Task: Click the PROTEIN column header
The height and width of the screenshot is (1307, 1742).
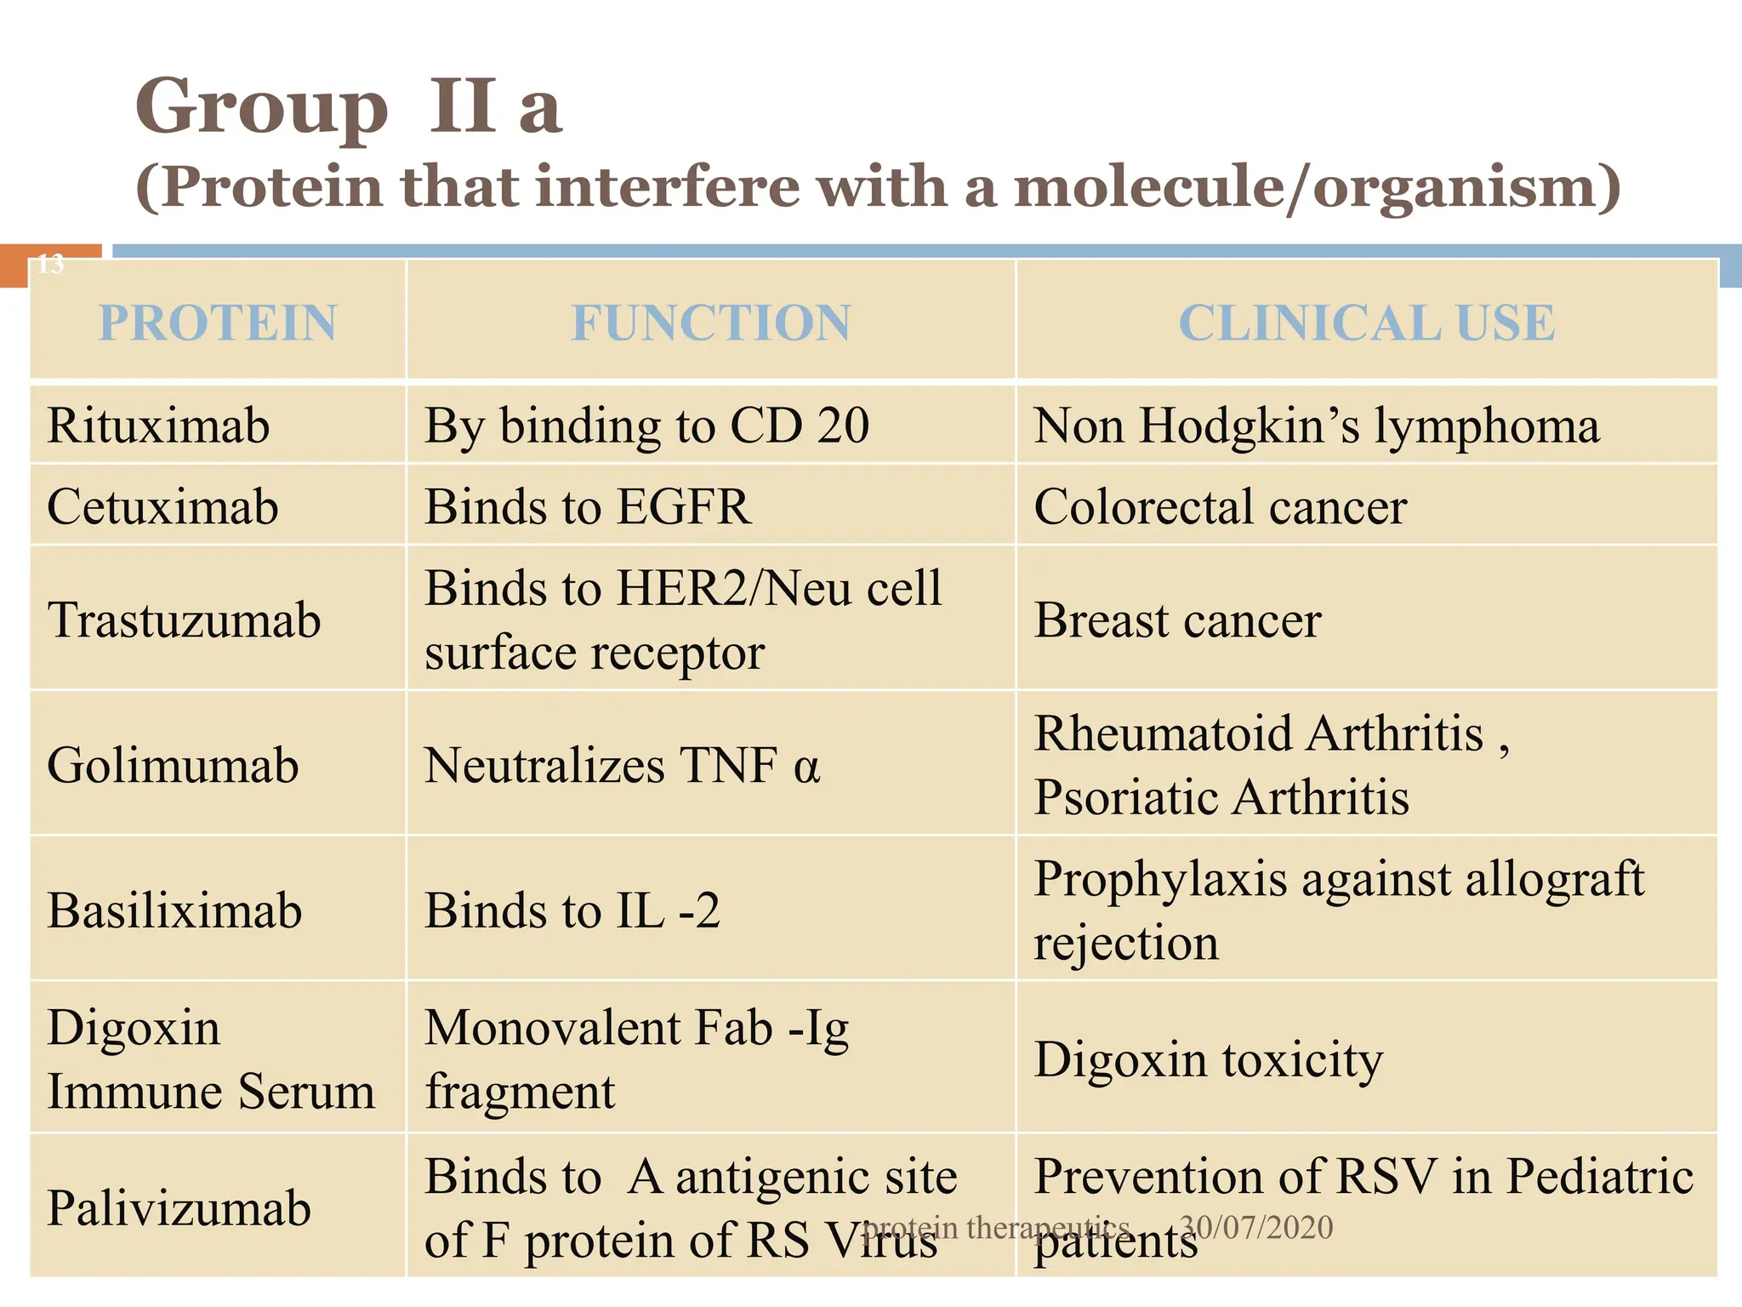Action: click(218, 323)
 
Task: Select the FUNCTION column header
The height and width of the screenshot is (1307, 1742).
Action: click(710, 323)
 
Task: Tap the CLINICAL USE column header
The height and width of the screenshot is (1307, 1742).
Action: click(1366, 323)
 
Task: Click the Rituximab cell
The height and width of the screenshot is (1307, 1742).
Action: click(158, 425)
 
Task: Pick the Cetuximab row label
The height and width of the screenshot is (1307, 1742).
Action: click(162, 507)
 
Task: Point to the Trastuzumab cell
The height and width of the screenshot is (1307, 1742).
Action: click(184, 619)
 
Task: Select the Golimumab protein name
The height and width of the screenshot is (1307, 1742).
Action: click(173, 765)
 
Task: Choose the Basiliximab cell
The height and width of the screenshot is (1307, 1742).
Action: click(174, 910)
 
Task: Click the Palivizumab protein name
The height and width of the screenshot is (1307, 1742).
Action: click(179, 1208)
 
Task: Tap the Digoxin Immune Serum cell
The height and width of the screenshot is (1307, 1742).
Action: click(210, 1059)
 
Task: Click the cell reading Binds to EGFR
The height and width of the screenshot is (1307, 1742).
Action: click(588, 507)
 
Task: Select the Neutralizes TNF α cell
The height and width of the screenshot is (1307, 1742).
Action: click(622, 765)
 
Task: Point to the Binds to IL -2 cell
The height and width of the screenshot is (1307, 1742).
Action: click(572, 910)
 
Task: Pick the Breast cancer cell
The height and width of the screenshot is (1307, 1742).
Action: click(1177, 619)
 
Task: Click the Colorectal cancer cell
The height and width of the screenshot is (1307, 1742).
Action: click(1220, 507)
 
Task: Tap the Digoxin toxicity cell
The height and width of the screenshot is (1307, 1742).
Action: click(1208, 1060)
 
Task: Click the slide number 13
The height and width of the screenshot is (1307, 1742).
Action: click(50, 264)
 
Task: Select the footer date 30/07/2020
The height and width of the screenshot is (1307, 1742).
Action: click(1256, 1227)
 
